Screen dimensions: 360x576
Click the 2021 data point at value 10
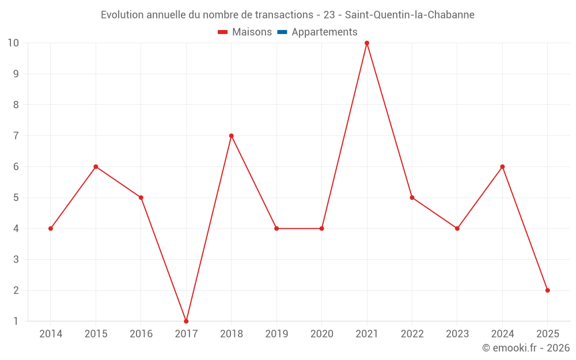[x=367, y=43]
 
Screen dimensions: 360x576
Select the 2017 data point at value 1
[x=186, y=321]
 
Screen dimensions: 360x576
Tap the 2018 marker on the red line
[x=231, y=136]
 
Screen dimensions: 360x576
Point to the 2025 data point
[x=547, y=290]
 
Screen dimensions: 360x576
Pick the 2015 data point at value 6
[x=96, y=166]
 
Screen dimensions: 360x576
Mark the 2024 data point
[x=502, y=166]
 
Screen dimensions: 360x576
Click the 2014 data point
[x=51, y=229]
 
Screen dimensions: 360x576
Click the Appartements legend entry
[x=324, y=32]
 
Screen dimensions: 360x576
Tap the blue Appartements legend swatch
[x=282, y=32]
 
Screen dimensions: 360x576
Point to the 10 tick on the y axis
[x=13, y=43]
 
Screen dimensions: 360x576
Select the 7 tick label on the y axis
[x=16, y=136]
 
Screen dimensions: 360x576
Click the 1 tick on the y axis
[x=16, y=321]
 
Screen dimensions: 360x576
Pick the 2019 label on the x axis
[x=276, y=334]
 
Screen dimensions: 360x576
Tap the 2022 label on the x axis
[x=412, y=334]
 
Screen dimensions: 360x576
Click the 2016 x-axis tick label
[x=141, y=334]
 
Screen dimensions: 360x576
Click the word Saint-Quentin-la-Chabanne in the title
[x=410, y=15]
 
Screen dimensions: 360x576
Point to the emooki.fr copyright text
[x=526, y=348]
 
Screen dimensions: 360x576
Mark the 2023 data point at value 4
[x=457, y=229]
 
